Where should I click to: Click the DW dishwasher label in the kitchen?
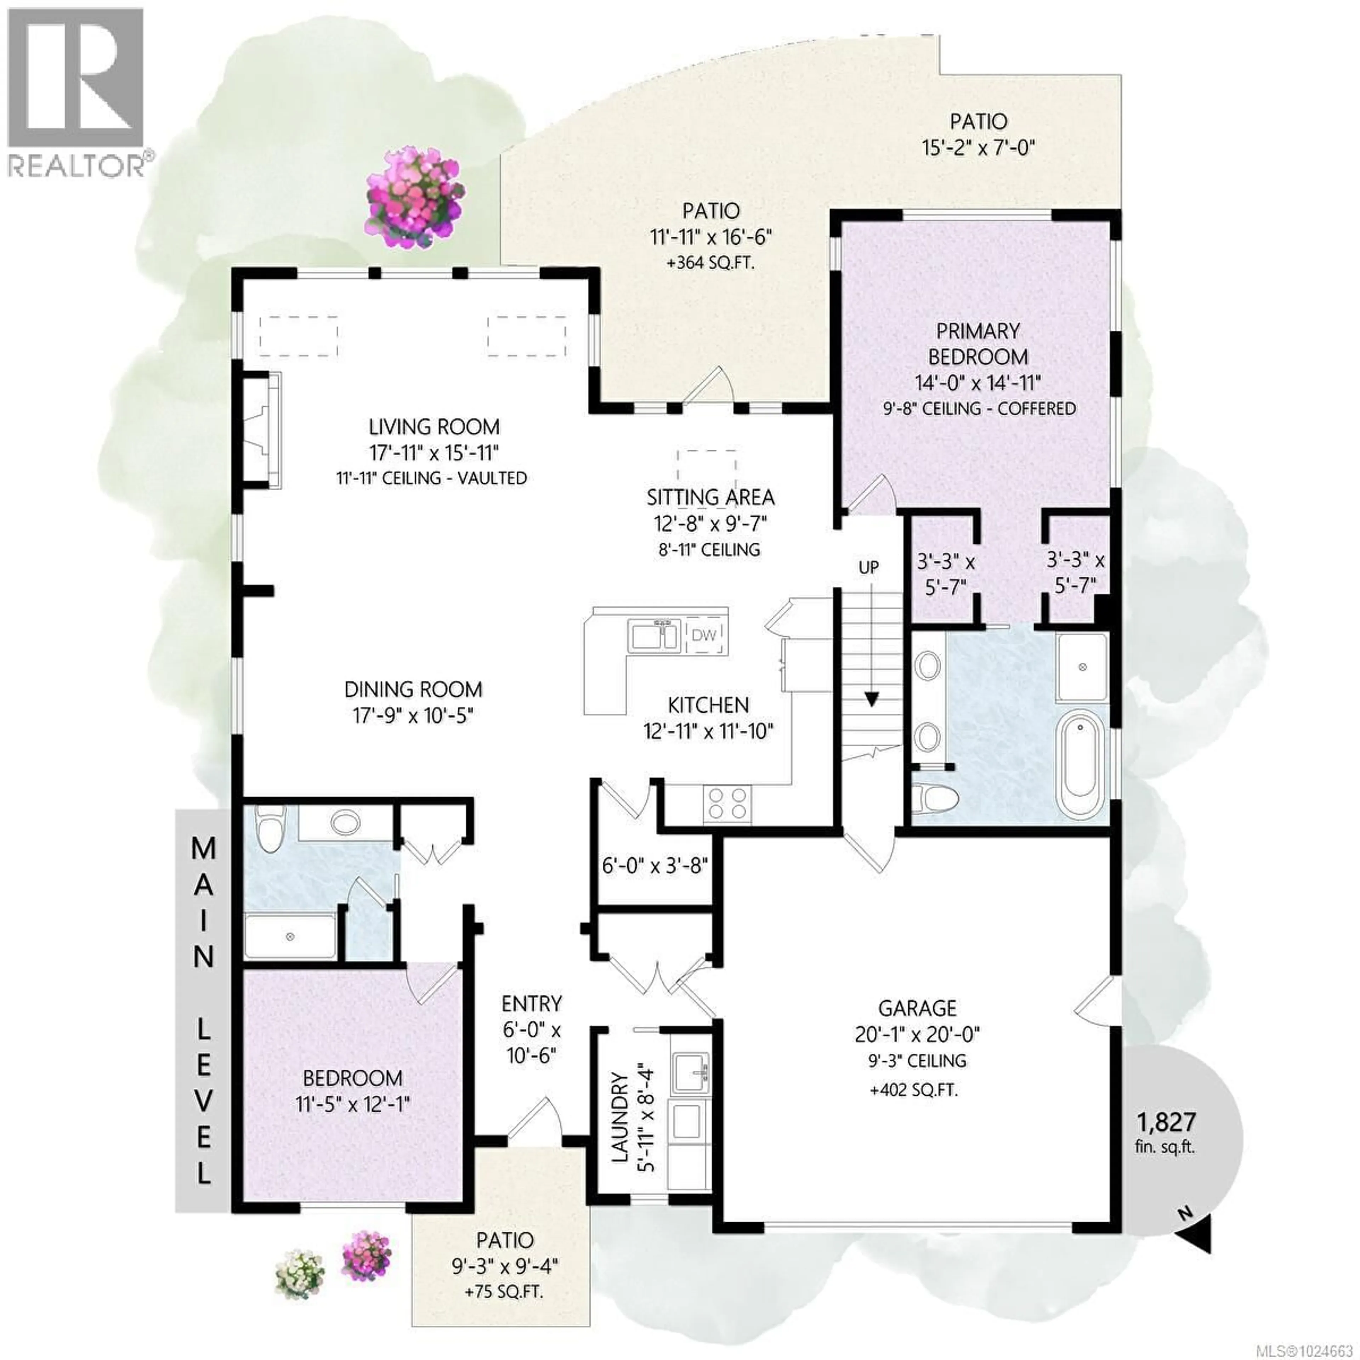click(704, 636)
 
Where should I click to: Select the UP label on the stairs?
click(869, 567)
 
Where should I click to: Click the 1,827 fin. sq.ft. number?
click(1166, 1121)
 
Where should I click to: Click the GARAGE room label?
click(917, 1008)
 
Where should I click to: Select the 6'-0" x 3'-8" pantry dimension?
click(654, 865)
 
